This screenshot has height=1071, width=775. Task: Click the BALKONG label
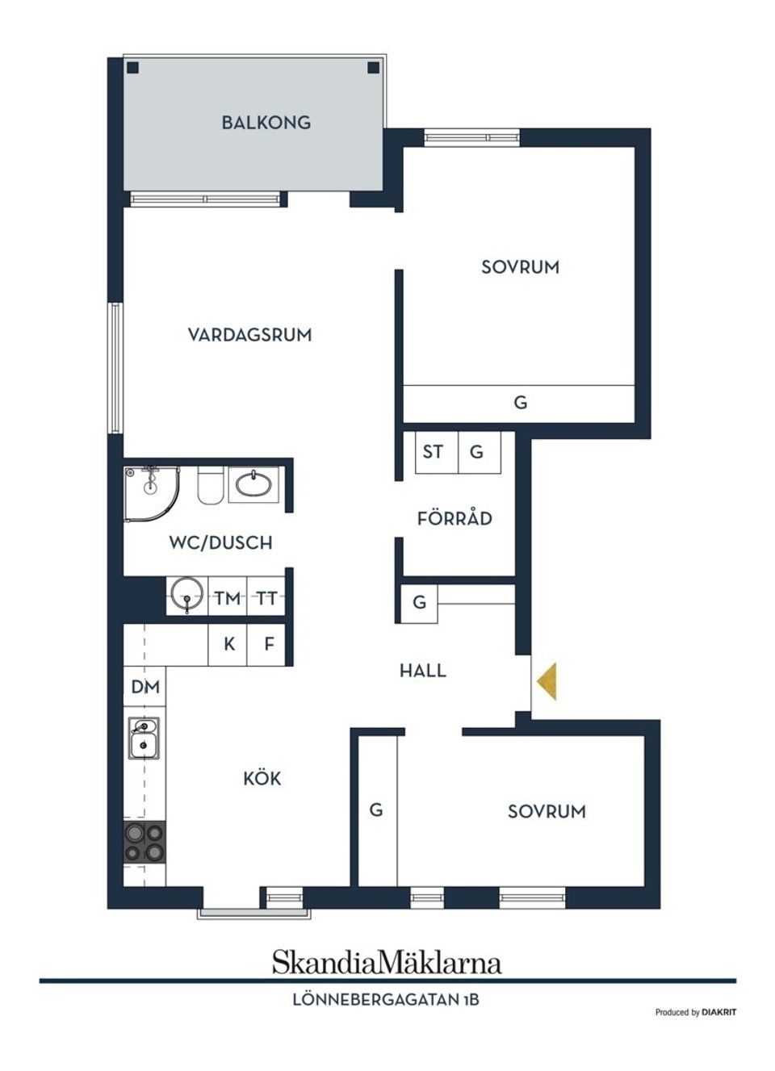click(266, 123)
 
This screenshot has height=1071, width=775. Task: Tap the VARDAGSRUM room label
click(249, 335)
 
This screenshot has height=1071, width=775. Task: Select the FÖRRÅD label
click(455, 518)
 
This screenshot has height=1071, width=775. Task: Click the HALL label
click(422, 670)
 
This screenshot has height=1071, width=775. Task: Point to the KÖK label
click(262, 778)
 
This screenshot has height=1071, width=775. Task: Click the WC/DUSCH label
click(220, 542)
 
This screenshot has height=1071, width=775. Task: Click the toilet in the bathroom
click(210, 485)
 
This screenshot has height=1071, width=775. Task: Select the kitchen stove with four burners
click(144, 842)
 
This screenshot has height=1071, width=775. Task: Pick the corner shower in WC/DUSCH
click(149, 489)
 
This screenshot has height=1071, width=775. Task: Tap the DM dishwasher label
click(145, 687)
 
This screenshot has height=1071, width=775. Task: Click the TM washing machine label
click(228, 598)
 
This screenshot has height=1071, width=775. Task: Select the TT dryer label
click(267, 598)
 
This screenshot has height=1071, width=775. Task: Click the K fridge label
click(229, 644)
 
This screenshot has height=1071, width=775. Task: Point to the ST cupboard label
click(433, 451)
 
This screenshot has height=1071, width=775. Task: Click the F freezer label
click(269, 644)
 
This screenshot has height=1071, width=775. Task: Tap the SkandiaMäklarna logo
click(387, 962)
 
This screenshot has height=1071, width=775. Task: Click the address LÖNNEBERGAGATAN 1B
click(386, 999)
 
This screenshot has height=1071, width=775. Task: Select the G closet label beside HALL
click(419, 602)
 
